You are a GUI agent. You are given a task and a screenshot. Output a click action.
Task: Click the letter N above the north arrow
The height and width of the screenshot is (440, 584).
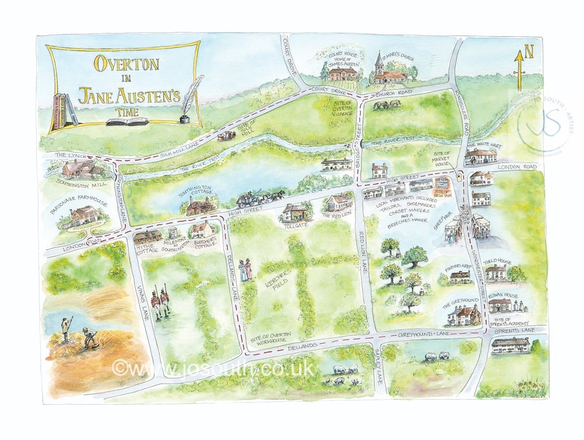click(528, 50)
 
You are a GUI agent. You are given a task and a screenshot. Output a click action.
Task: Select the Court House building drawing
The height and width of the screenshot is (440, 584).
click(343, 73)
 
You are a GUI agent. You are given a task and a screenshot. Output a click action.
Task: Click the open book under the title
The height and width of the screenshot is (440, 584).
click(127, 121)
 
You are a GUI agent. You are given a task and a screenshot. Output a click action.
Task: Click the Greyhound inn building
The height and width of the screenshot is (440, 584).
click(465, 314)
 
